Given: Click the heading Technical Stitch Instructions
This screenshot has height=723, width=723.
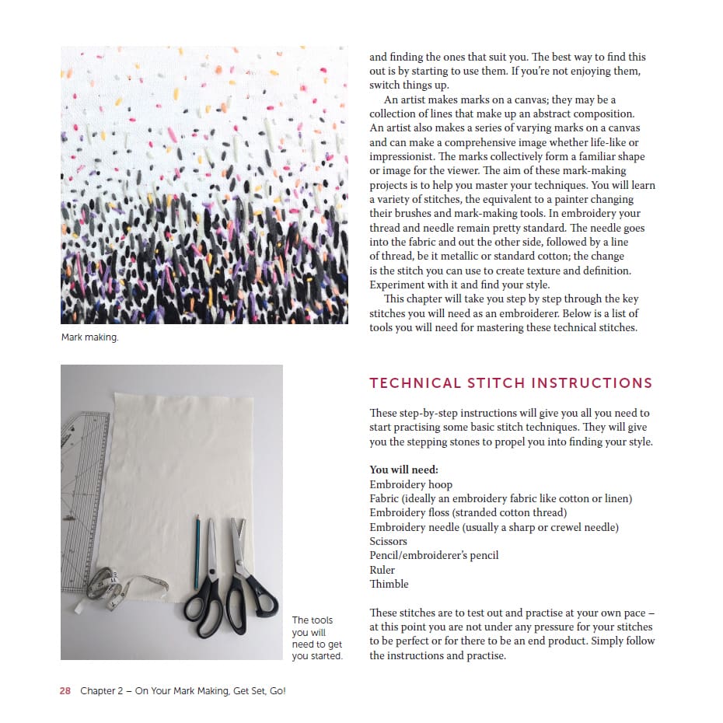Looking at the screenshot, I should click(511, 383).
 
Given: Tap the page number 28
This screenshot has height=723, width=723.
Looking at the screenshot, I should click(65, 690).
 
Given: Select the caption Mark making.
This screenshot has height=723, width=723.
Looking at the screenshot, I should click(89, 337).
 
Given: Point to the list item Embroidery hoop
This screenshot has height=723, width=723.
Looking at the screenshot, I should click(410, 484).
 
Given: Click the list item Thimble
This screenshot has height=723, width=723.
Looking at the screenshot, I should click(389, 584).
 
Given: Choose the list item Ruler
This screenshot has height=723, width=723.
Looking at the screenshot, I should click(382, 570).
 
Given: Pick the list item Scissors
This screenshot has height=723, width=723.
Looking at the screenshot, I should click(388, 541).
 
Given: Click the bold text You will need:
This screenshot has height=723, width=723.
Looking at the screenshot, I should click(403, 470).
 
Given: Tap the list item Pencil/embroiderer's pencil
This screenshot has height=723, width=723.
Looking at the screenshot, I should click(434, 555).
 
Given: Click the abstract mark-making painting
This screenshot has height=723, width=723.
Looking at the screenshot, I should click(204, 185).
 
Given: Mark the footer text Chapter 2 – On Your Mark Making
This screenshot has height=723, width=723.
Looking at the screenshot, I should click(183, 690).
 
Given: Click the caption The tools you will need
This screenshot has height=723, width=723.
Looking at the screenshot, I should click(316, 638).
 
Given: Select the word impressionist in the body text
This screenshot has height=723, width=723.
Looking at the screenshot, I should click(407, 156).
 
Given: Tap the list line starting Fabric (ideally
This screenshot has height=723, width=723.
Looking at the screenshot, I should click(501, 498).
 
